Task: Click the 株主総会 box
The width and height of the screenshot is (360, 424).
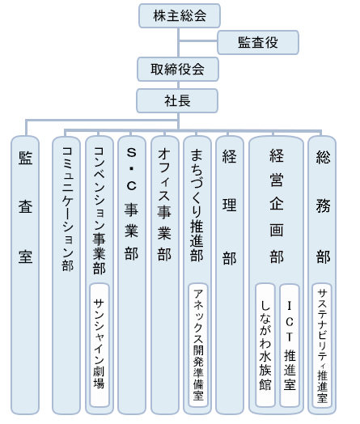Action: (x=180, y=15)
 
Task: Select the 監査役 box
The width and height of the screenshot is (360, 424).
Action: (x=258, y=42)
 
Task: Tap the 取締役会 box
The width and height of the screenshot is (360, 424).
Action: (x=178, y=70)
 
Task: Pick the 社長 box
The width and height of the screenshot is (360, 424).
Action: (x=177, y=101)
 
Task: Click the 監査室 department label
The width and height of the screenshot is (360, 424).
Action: (x=25, y=207)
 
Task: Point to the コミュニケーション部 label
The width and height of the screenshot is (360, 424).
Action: (x=67, y=209)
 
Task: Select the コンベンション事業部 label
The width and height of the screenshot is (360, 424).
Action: (x=100, y=210)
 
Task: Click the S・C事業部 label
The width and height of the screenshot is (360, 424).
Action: (x=132, y=204)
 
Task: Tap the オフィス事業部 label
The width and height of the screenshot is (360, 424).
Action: (x=164, y=205)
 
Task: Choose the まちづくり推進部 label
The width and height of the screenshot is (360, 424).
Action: (x=197, y=205)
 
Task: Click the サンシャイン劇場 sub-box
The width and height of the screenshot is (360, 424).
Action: (x=100, y=345)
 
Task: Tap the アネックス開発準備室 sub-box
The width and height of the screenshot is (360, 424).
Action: (x=198, y=345)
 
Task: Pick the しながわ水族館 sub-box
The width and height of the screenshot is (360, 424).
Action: (x=265, y=345)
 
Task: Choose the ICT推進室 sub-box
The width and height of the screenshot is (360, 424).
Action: (x=290, y=345)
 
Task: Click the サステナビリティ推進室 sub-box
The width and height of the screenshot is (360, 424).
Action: (x=322, y=345)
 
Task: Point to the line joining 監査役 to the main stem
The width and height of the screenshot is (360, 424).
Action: (x=198, y=41)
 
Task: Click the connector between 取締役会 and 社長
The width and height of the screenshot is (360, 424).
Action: (x=178, y=85)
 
